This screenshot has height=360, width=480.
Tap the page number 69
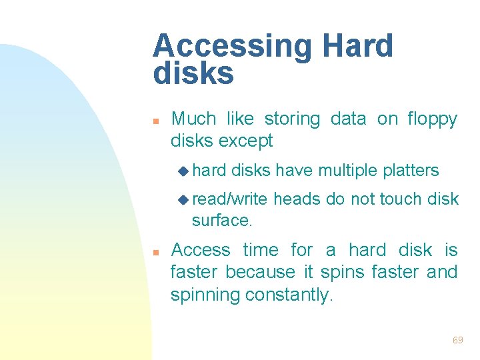pos(457,340)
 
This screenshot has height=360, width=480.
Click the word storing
pos(292,119)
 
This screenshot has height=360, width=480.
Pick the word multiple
pos(347,171)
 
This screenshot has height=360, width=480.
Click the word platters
pos(411,171)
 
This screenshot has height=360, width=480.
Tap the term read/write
pos(231,199)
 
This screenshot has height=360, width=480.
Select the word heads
pos(297,199)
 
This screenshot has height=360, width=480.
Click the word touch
pos(399,199)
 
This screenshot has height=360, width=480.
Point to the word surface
pos(221,221)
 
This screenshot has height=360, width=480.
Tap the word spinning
pos(205,295)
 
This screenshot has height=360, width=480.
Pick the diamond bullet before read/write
pos(185,199)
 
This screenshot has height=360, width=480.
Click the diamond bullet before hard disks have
pos(185,171)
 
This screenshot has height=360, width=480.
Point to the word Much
pos(194,119)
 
